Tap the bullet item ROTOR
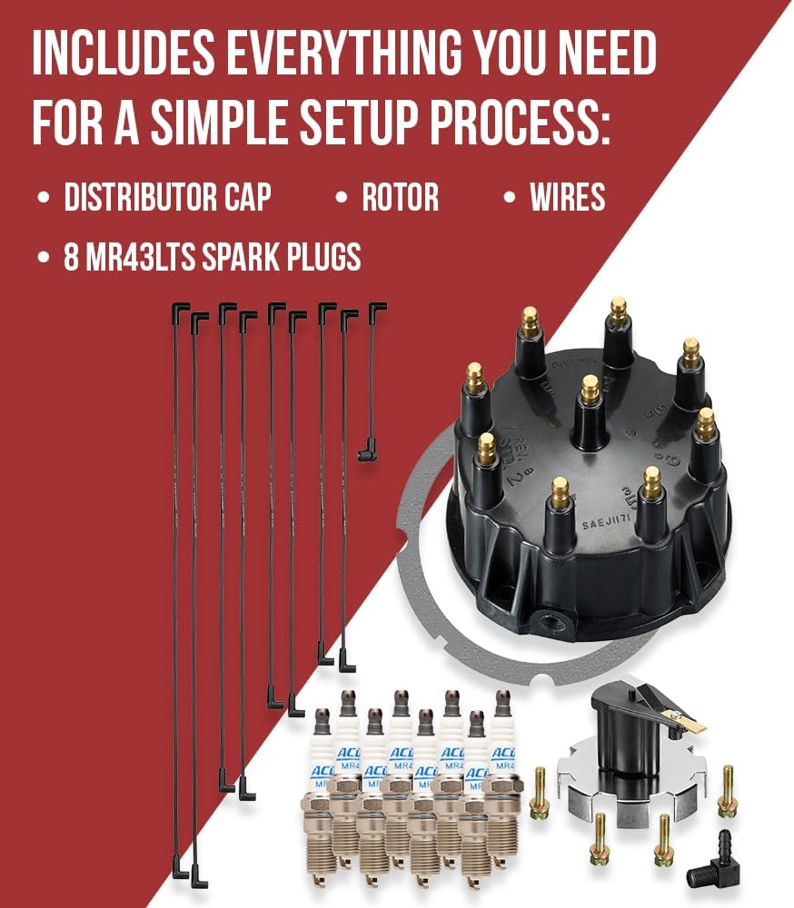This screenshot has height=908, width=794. [400, 197]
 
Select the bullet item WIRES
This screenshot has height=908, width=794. [568, 197]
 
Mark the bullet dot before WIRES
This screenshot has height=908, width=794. [511, 198]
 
